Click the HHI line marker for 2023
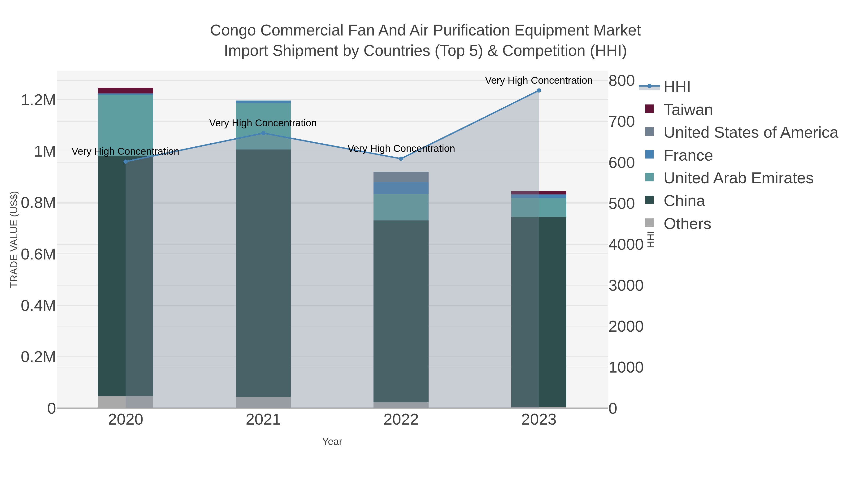coord(538,91)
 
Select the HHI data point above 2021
coord(263,133)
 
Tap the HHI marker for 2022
coord(401,159)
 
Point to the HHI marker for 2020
coord(126,162)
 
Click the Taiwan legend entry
coord(688,110)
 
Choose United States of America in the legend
coord(750,132)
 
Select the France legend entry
coord(688,155)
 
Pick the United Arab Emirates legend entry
coord(738,178)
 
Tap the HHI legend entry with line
coord(676,87)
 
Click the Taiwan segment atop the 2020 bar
coord(126,91)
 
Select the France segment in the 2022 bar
coord(401,188)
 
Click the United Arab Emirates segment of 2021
coord(263,126)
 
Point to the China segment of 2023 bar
coord(538,311)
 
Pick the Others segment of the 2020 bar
coord(126,402)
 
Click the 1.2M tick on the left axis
coord(38,100)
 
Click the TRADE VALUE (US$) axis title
coord(14,239)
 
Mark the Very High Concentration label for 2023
coord(538,80)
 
